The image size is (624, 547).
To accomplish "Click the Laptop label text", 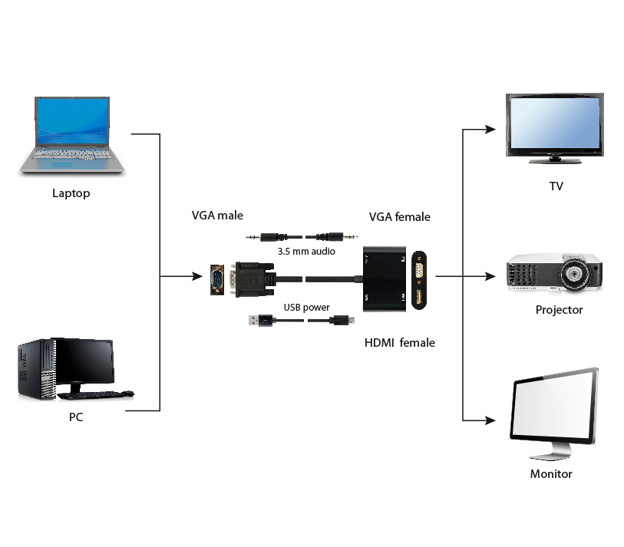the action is [71, 193].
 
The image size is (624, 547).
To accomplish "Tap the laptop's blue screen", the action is [71, 121].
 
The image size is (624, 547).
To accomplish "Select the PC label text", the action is [76, 417].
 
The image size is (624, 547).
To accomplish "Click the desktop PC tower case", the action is [37, 369].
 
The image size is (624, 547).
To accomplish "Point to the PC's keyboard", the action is [95, 394].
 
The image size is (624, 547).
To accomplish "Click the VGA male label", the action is [217, 216].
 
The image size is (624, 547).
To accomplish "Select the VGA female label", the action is [400, 217].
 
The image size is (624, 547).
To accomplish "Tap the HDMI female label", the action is [400, 342].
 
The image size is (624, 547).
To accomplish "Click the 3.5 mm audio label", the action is [306, 252].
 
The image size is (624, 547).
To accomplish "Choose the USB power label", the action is [306, 308].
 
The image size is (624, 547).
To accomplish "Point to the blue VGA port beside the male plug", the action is [217, 280].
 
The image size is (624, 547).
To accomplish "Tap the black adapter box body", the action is [385, 279].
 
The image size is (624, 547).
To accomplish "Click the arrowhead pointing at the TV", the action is [490, 130].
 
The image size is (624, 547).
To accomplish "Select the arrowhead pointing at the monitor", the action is [490, 420].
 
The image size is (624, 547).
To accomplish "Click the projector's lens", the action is [573, 273].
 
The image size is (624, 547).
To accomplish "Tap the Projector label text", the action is [559, 310].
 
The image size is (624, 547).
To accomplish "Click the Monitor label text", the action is [551, 474].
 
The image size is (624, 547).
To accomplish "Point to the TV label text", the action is [556, 186].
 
